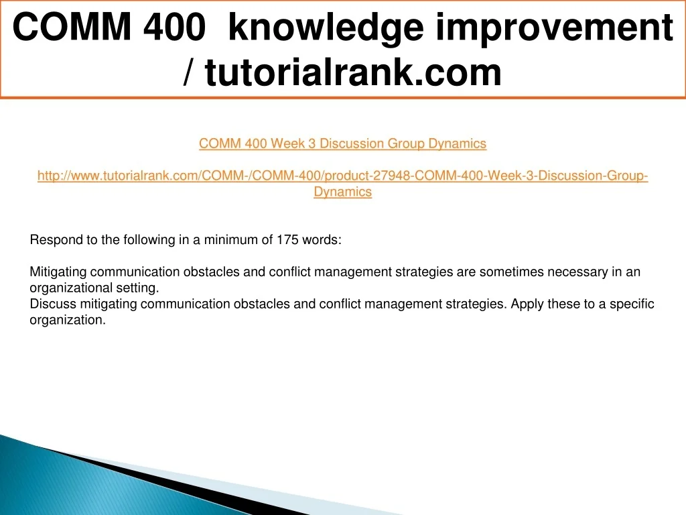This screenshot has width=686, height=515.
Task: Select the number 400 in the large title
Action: pos(175,27)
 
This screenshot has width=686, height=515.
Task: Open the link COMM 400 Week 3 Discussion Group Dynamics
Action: pos(342,144)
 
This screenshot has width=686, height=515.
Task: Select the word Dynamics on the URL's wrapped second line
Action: pos(342,192)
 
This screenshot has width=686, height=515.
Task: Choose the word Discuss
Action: pos(52,304)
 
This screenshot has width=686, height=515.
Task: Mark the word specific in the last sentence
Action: pos(632,304)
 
